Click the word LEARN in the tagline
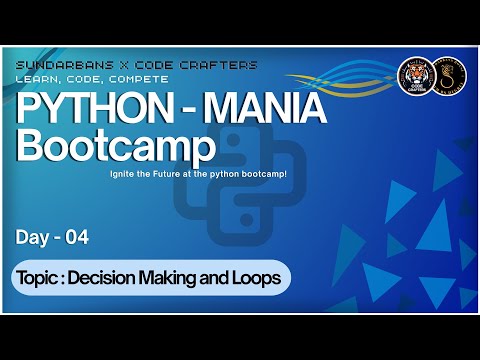coord(39,78)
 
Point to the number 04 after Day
coord(77,237)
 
